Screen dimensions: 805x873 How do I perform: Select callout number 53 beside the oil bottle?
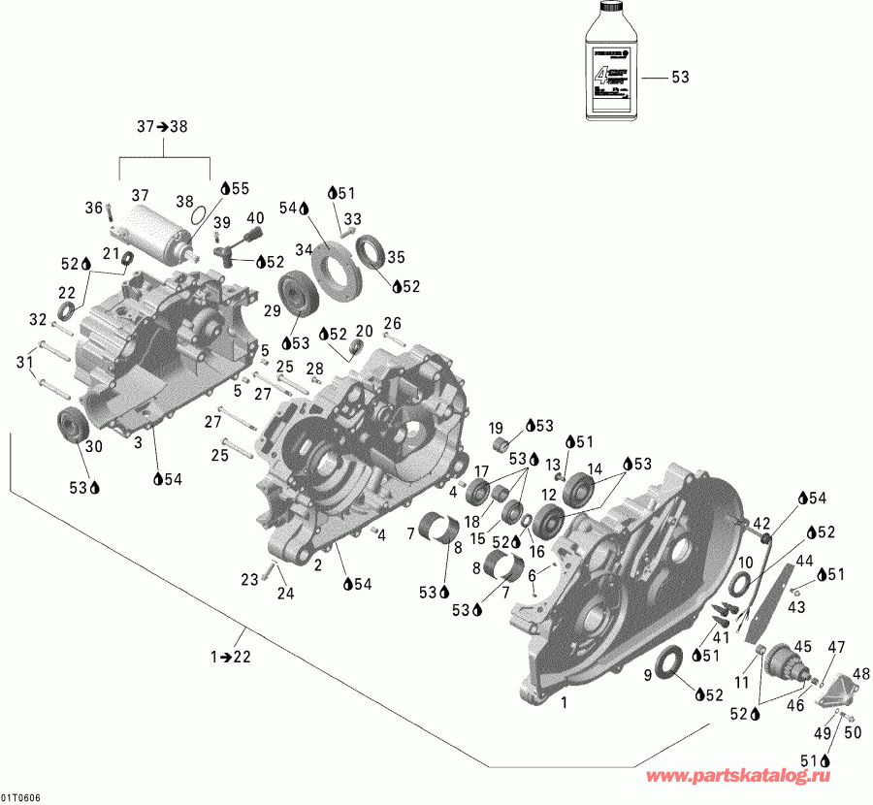[x=680, y=78]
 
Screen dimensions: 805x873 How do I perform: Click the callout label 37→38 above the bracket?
[x=162, y=127]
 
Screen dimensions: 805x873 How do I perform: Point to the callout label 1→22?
[x=230, y=658]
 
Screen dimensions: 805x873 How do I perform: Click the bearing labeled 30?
[x=73, y=424]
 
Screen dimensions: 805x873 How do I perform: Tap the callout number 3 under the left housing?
[x=138, y=441]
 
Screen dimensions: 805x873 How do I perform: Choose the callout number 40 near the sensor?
[x=255, y=217]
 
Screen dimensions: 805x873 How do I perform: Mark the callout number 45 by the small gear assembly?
[x=802, y=647]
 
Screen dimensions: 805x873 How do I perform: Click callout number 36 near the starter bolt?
[x=93, y=208]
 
